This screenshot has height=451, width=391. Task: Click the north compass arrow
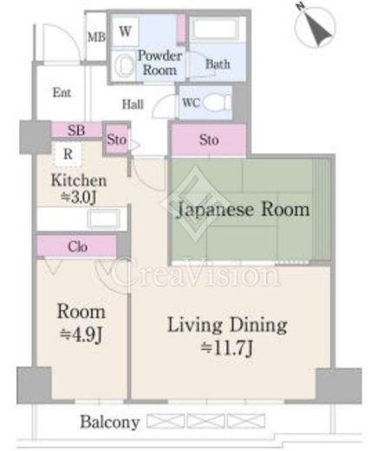(318, 29)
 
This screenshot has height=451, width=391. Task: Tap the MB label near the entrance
(95, 37)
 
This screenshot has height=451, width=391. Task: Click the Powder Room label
(160, 62)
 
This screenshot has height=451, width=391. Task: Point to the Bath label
(218, 63)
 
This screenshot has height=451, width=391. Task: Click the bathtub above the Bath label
(218, 29)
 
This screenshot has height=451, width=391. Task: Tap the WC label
(192, 102)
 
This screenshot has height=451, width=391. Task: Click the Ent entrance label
(62, 93)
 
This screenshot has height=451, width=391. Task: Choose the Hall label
(133, 102)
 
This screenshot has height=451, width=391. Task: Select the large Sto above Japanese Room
(209, 140)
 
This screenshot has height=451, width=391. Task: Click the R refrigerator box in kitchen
(66, 155)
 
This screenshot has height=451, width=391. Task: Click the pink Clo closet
(76, 246)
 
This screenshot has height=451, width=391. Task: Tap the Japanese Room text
(243, 210)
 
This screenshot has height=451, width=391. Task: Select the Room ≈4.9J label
(81, 320)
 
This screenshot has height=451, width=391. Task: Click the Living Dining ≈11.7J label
(226, 335)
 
